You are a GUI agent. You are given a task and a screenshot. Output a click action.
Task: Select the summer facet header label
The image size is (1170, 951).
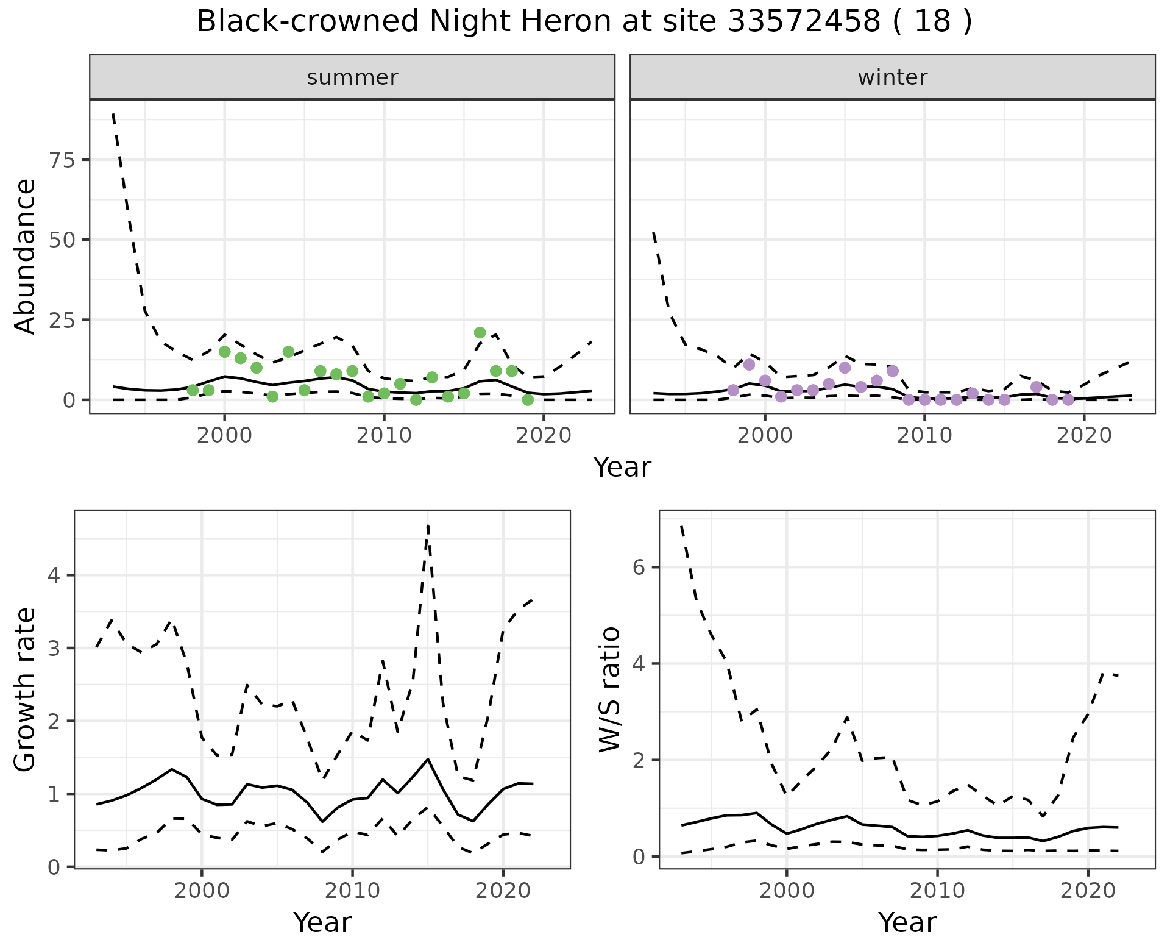click(x=352, y=77)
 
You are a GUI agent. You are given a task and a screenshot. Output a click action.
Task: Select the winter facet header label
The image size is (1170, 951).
click(x=892, y=77)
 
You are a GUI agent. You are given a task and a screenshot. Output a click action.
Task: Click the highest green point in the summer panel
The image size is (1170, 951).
click(x=480, y=332)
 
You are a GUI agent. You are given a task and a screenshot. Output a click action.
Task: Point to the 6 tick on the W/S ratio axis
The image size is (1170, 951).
click(x=638, y=567)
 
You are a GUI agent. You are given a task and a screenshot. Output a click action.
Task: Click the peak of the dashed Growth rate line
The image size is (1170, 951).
click(x=428, y=525)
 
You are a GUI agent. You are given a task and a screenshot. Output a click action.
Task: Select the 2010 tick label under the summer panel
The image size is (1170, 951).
click(x=384, y=435)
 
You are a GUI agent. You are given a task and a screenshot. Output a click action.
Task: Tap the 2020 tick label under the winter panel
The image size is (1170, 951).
click(x=1084, y=435)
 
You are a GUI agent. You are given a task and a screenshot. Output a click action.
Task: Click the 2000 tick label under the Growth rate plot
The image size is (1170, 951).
click(x=202, y=891)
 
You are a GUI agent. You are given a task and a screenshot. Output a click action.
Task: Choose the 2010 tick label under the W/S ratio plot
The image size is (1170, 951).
click(x=937, y=891)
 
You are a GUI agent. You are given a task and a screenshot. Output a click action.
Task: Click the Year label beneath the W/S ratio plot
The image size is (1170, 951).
click(x=907, y=922)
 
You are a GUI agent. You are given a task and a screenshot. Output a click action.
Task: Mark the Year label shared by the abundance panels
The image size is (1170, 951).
click(x=622, y=468)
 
